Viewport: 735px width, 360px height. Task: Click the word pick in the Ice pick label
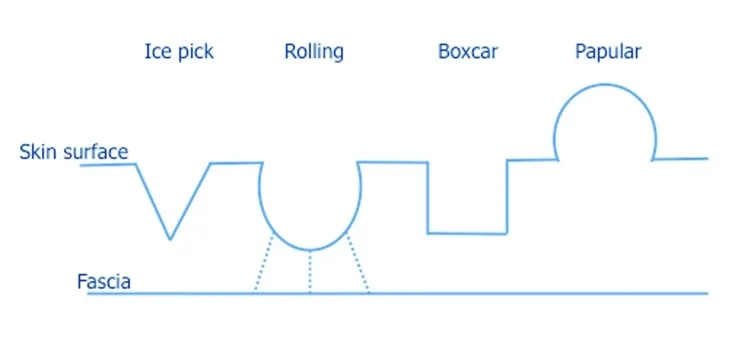(195, 53)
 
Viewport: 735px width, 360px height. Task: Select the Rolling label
(314, 52)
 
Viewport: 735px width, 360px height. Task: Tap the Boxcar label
(467, 52)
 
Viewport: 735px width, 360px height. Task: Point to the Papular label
(608, 53)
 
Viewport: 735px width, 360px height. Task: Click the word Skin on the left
(37, 151)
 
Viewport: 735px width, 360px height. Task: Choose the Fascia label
(104, 282)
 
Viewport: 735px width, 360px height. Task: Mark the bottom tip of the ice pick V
(170, 239)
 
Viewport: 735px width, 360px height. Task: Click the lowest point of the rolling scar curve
(309, 250)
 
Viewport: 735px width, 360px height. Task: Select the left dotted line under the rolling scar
(263, 262)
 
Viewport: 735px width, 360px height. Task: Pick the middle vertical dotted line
(309, 272)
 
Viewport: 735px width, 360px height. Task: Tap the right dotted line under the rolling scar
(358, 262)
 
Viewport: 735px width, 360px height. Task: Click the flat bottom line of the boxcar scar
(467, 233)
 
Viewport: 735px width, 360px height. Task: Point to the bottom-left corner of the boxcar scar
(428, 232)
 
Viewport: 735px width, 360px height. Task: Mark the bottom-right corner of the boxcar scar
(506, 233)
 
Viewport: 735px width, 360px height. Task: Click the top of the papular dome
(605, 84)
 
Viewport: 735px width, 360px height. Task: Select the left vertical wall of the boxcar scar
(428, 197)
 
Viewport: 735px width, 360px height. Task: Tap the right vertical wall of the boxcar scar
(507, 197)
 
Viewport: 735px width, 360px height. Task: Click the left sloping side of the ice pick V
(153, 202)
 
